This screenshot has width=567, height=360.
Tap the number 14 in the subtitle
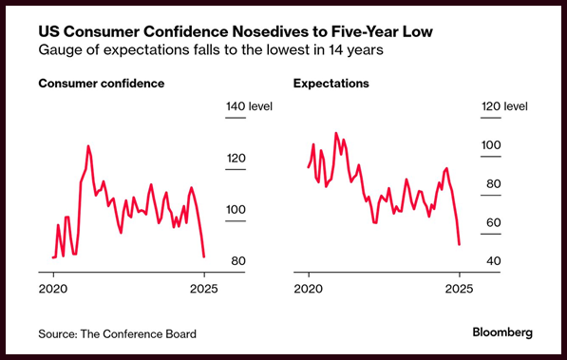[335, 49]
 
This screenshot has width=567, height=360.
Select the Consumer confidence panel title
[102, 84]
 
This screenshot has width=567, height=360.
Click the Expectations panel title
[331, 84]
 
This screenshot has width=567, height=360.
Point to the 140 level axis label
[249, 106]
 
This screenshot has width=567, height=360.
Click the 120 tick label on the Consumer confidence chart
[236, 158]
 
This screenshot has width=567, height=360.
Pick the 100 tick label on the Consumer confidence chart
[236, 210]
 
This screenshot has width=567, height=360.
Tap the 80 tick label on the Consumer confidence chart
[238, 261]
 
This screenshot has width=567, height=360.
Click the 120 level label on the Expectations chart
[504, 106]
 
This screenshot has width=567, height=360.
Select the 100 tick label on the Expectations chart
[491, 145]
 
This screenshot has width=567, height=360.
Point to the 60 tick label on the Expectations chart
[494, 222]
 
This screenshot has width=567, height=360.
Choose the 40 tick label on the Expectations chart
[494, 261]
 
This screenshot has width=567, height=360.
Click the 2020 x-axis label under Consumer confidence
[53, 289]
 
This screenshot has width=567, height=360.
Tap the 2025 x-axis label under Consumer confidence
[204, 289]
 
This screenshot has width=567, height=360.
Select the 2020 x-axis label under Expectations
[309, 289]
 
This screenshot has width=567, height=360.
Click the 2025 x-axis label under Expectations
[460, 289]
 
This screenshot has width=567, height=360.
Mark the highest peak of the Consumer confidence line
[88, 146]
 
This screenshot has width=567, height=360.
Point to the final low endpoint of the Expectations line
[460, 244]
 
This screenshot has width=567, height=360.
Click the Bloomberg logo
[502, 332]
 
